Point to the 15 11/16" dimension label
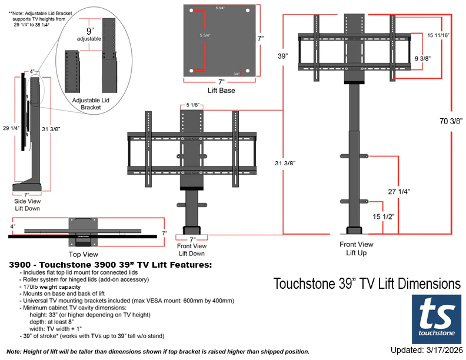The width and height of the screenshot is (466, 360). tap(439, 35)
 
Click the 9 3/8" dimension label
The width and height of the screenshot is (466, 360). tap(423, 58)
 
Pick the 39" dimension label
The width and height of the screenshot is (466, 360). tap(283, 56)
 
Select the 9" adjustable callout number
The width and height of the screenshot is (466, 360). tap(89, 31)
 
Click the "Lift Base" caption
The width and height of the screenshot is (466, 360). tap(221, 91)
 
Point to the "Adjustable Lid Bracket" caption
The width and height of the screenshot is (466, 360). tap(92, 105)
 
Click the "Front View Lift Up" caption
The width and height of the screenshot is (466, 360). tap(356, 248)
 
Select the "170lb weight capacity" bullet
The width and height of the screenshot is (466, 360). tap(51, 287)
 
